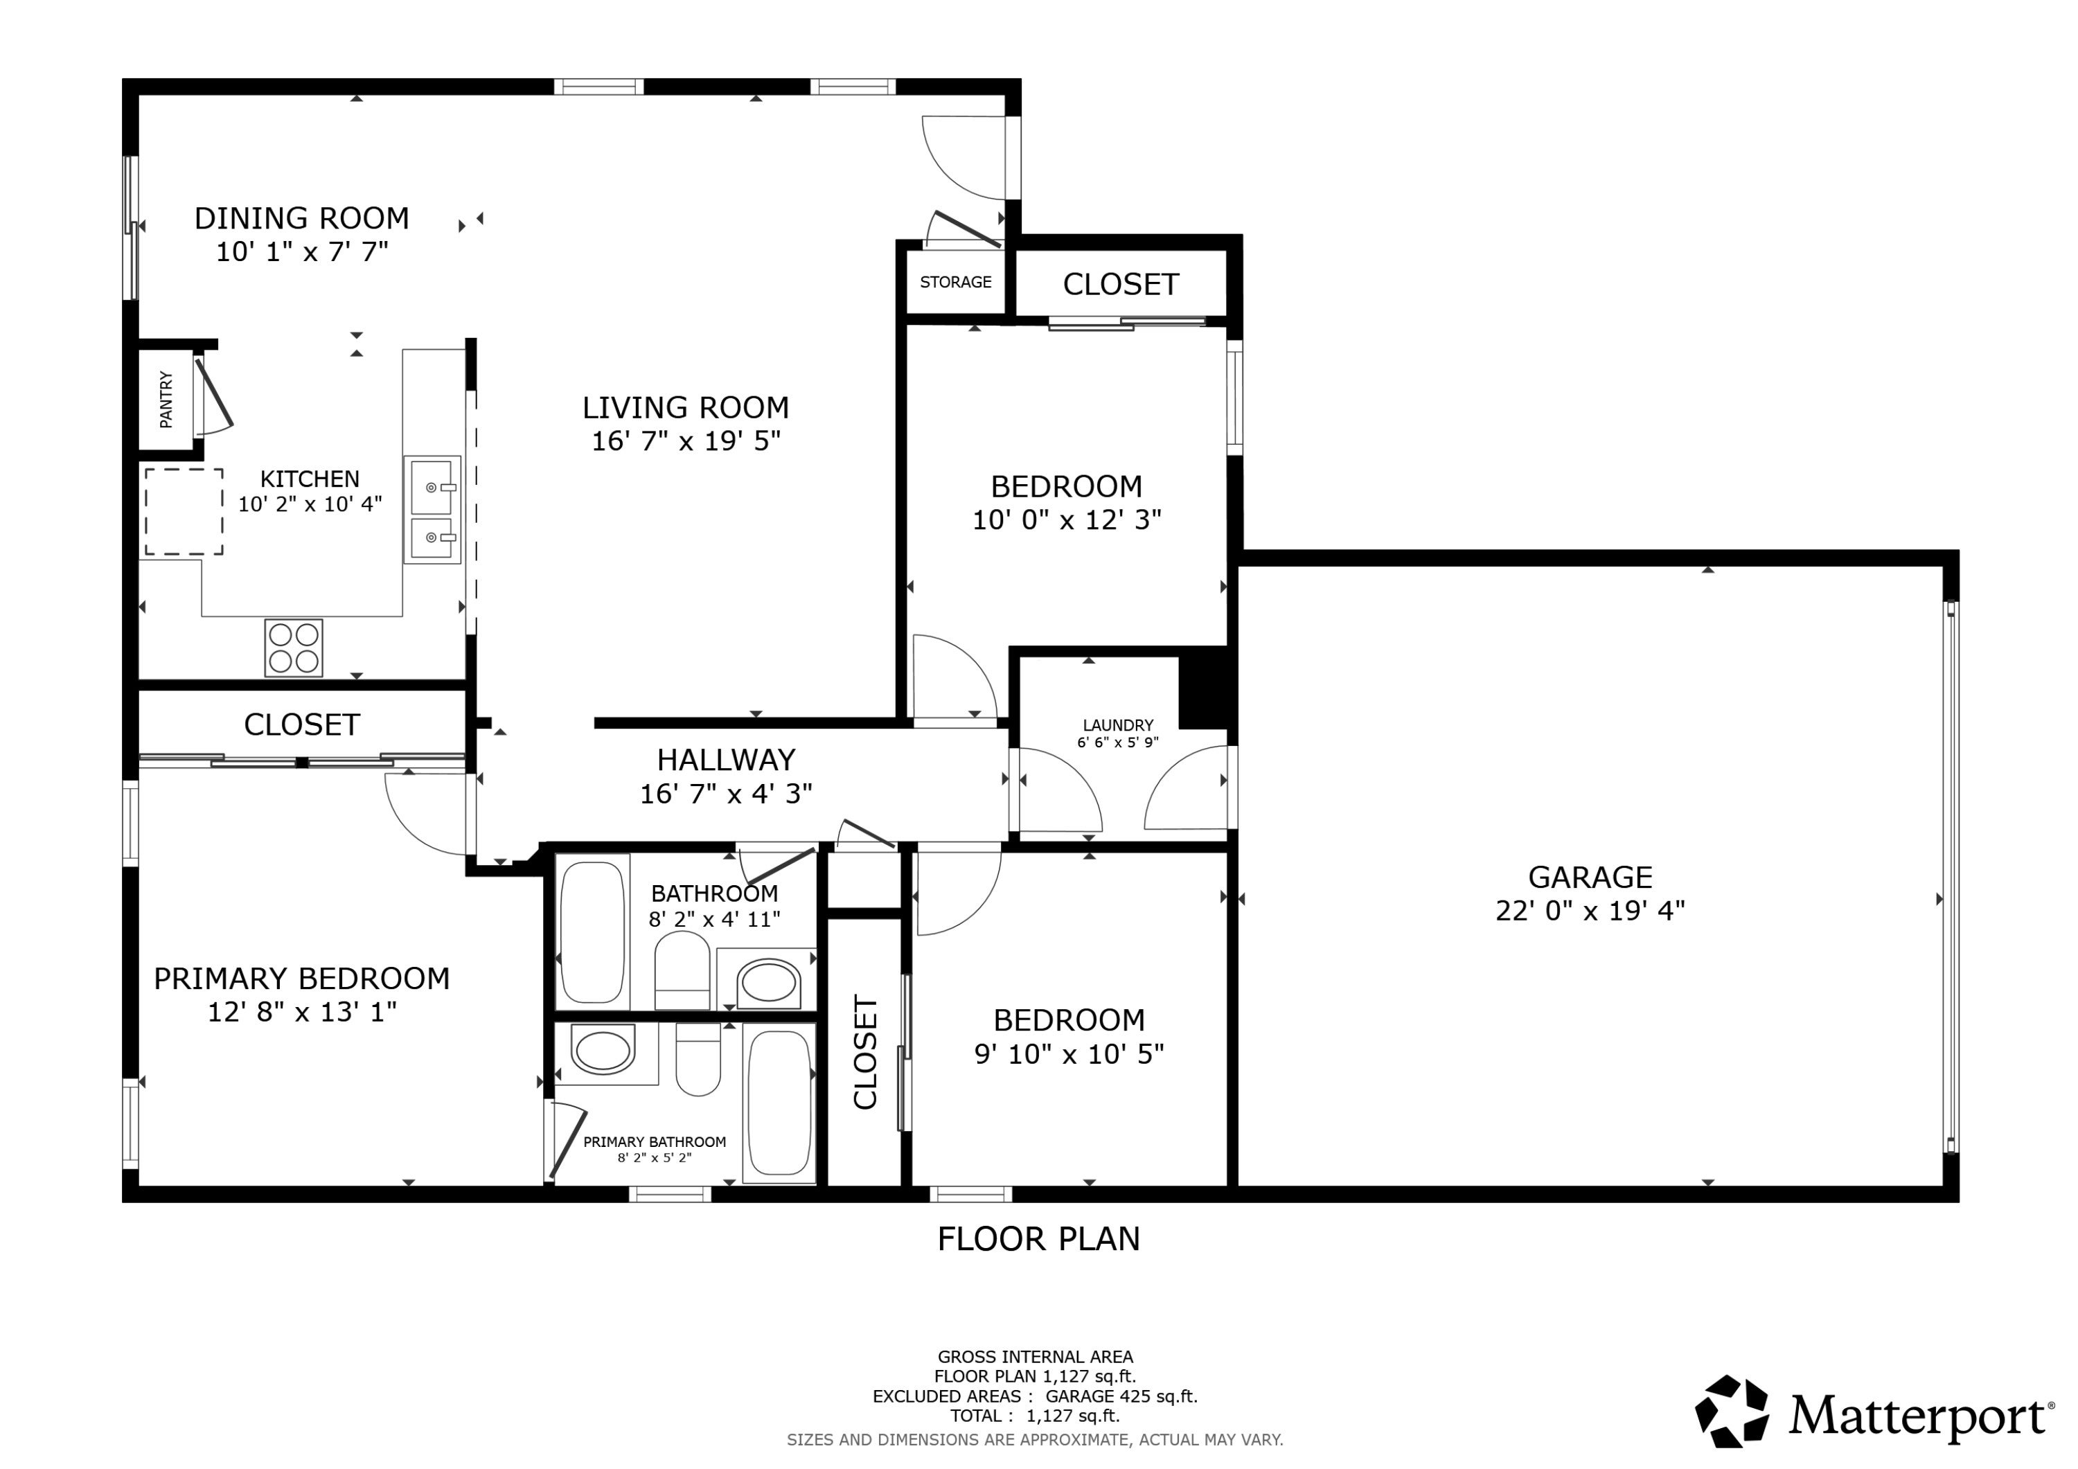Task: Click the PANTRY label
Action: click(166, 399)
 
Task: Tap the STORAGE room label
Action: click(956, 283)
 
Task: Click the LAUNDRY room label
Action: click(1118, 725)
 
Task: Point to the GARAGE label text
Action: click(1590, 877)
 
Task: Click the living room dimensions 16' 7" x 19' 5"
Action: click(686, 440)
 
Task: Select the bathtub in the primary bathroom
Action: click(779, 1103)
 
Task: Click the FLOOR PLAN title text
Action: click(1038, 1239)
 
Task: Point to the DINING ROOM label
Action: click(301, 218)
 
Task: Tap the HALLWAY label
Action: click(726, 759)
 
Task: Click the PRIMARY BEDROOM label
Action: click(301, 979)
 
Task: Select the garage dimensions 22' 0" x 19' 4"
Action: click(1590, 911)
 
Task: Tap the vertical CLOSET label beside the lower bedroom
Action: click(865, 1053)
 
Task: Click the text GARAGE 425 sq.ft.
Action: click(1121, 1396)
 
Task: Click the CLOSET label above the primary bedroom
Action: click(301, 725)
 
